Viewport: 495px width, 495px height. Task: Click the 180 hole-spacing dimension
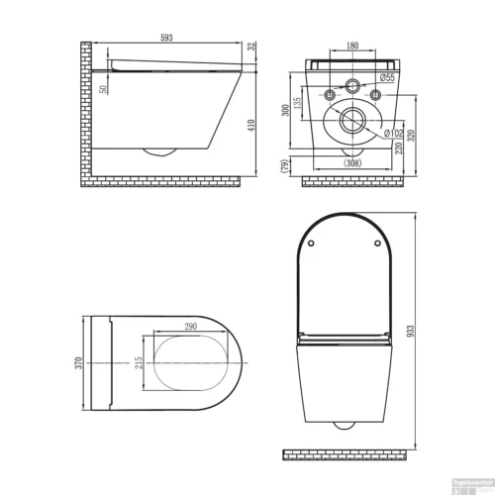(351, 47)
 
